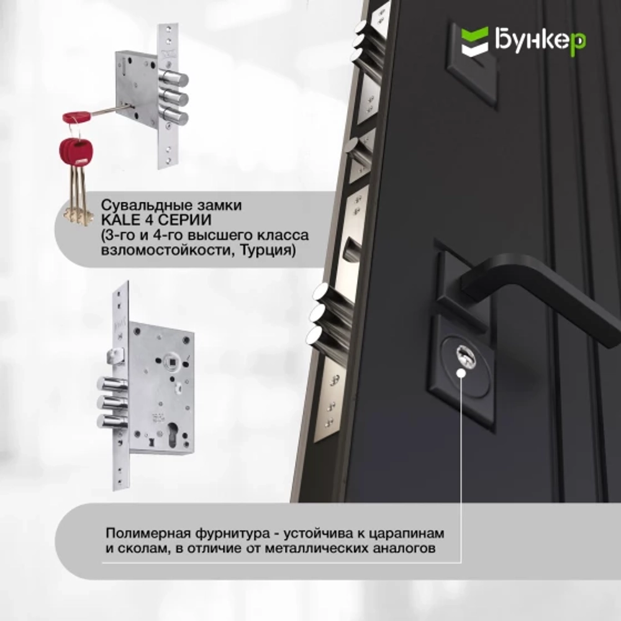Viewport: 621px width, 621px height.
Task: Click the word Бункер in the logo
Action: tap(540, 42)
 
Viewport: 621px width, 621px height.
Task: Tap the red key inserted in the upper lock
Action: tap(78, 116)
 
